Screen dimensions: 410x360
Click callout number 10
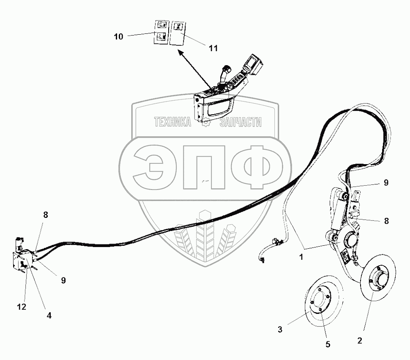[118, 37]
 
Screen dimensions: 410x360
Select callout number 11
[213, 48]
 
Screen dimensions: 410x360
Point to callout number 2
[360, 340]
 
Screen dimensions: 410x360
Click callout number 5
[328, 344]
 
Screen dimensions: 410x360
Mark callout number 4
[49, 315]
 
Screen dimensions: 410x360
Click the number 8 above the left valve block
[46, 215]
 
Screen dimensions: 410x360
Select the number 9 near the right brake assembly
[385, 182]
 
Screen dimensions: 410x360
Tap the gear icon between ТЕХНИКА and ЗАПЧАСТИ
[206, 123]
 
